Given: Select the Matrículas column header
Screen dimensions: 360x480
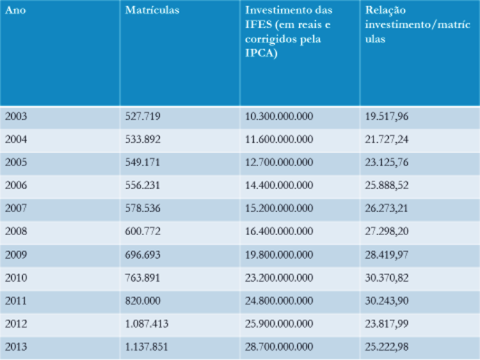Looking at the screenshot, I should pyautogui.click(x=152, y=10).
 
